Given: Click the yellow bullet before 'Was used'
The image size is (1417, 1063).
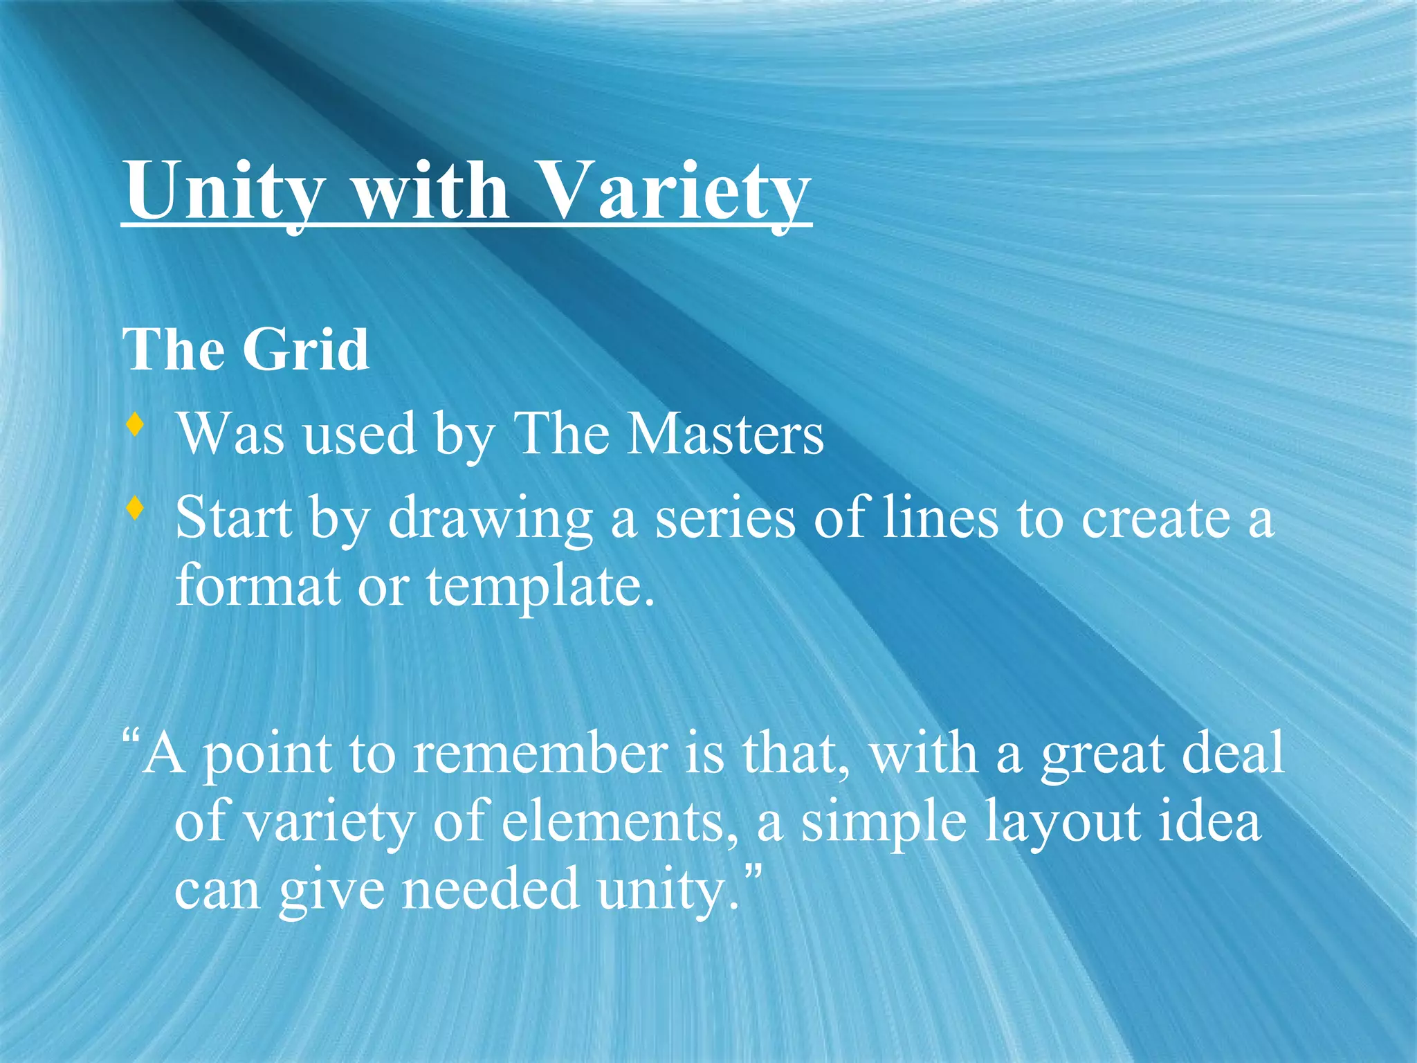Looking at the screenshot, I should click(x=136, y=424).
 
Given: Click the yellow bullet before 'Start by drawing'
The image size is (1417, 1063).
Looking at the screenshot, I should click(x=136, y=509).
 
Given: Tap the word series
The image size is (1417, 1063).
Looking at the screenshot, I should click(x=725, y=519).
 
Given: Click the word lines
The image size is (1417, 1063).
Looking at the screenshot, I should click(x=941, y=519).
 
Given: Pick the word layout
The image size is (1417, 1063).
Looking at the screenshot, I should click(x=1062, y=824).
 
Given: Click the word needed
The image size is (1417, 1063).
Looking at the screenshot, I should click(x=491, y=890).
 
